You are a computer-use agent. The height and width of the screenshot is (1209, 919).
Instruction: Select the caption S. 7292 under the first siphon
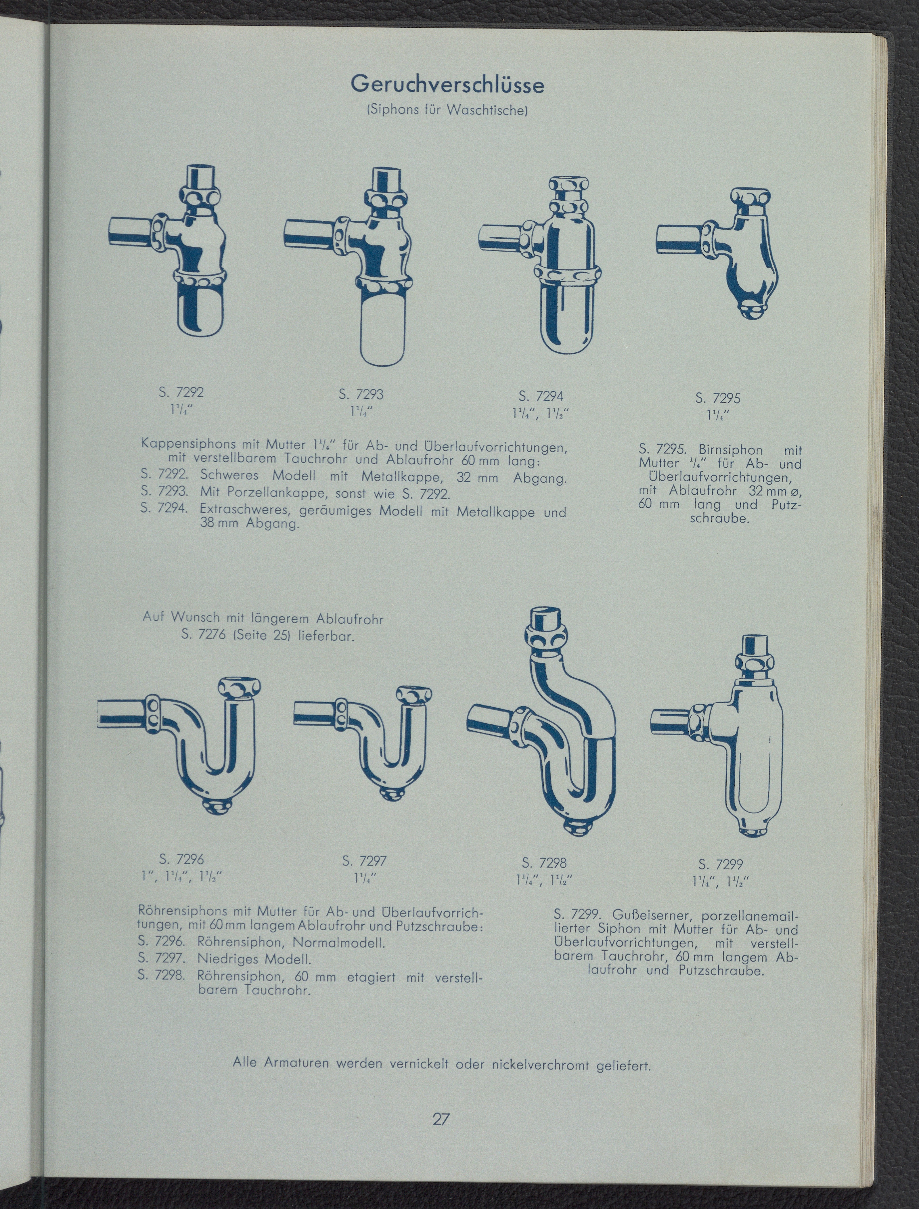[x=181, y=392]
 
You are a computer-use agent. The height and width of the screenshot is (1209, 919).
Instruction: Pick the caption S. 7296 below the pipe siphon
[x=181, y=859]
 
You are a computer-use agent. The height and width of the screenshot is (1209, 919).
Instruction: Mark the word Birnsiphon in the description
[x=730, y=450]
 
